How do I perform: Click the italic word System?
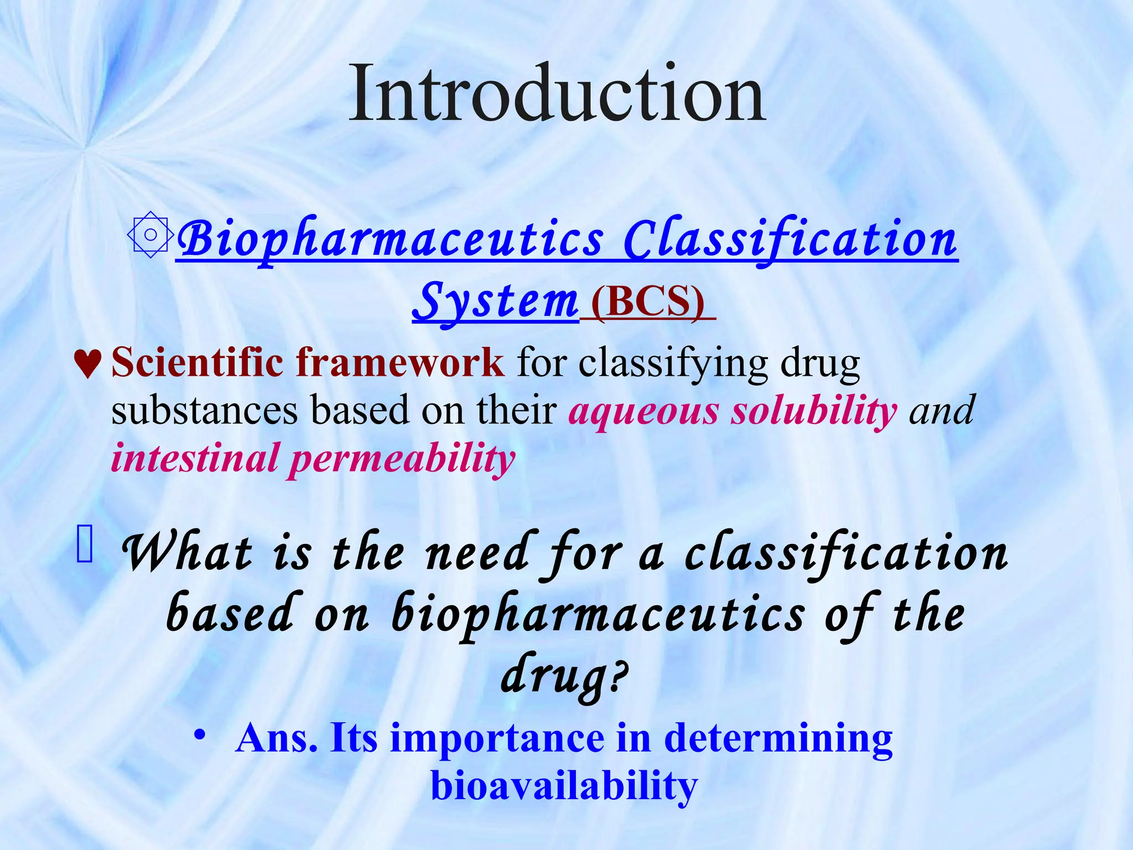(495, 301)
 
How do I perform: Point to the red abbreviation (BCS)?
(648, 302)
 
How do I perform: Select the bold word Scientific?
(197, 362)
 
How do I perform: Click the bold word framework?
(400, 362)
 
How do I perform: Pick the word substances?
(204, 411)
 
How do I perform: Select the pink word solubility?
(814, 411)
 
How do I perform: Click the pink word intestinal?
(194, 459)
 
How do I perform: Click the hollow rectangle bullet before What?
(85, 545)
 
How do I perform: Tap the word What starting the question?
(188, 554)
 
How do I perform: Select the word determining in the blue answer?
(778, 738)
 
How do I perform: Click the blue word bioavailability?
(564, 786)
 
